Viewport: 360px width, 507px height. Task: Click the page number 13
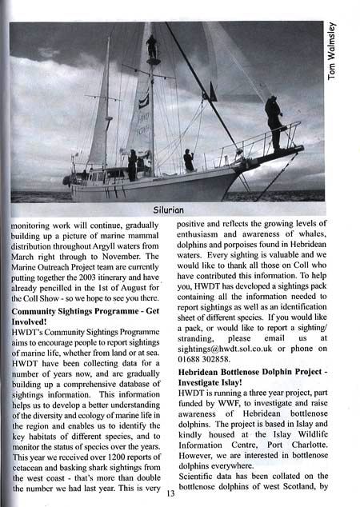(x=170, y=493)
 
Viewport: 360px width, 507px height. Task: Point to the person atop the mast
(x=151, y=46)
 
